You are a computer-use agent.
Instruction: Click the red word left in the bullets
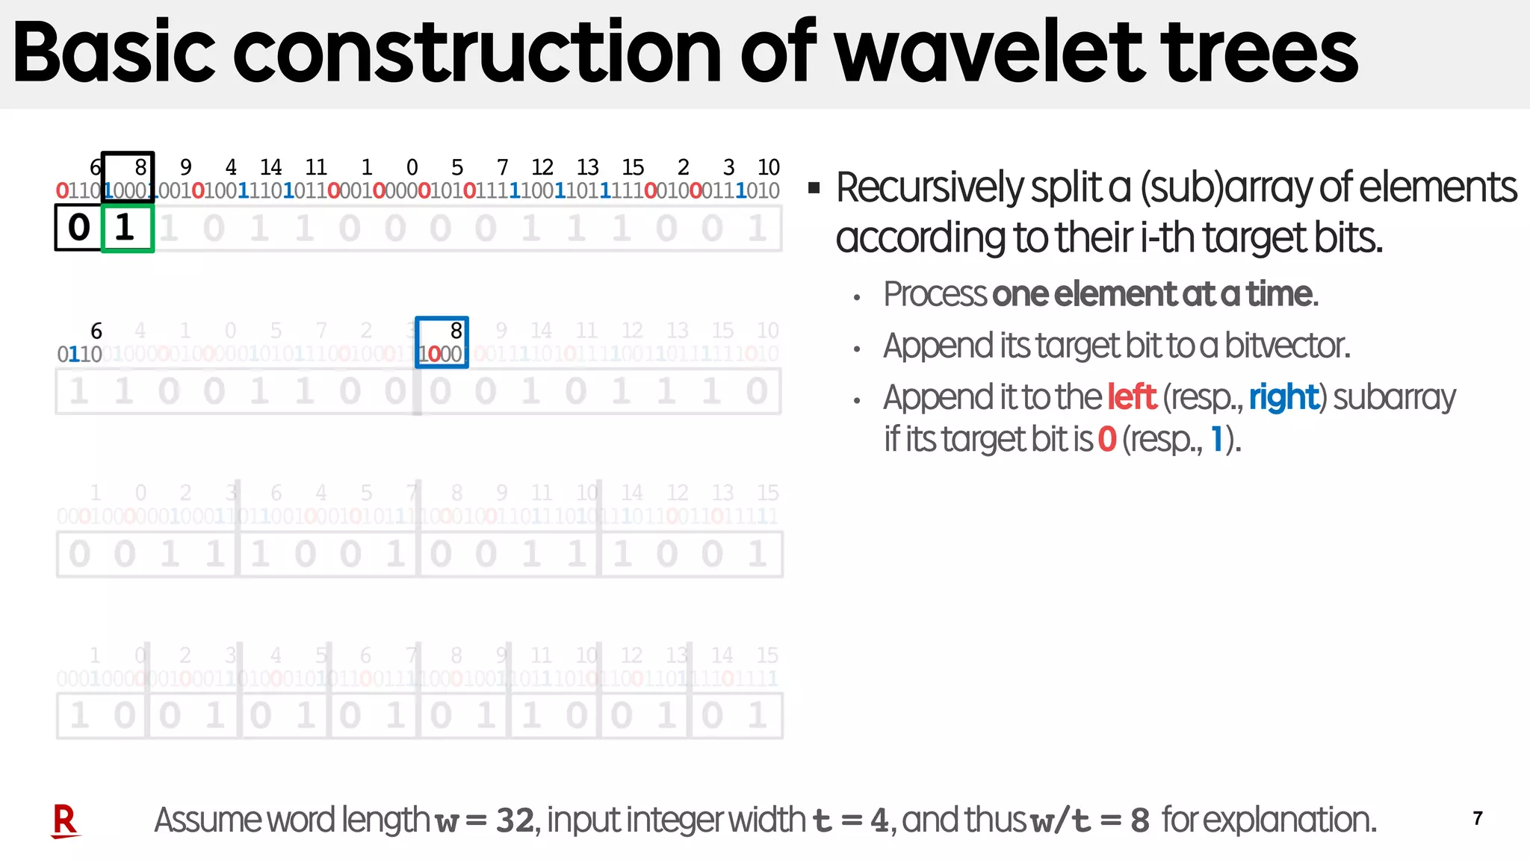pos(1132,397)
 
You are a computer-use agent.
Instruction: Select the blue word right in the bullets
pos(1283,397)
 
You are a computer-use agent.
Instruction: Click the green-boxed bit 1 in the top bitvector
pos(126,228)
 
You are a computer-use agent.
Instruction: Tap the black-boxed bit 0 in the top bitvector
pos(78,228)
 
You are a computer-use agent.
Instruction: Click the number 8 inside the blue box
pos(456,331)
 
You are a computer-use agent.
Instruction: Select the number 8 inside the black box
pos(140,167)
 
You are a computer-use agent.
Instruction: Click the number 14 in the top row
pos(270,167)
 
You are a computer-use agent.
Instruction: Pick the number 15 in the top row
pos(633,167)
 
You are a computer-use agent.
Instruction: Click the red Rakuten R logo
pos(65,820)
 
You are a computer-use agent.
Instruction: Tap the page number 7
pos(1477,819)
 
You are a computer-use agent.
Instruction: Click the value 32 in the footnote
pos(515,820)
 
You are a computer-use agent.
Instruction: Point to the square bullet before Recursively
pos(814,187)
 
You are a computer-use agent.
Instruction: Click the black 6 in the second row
pos(96,331)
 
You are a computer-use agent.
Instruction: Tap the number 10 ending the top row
pos(768,167)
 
